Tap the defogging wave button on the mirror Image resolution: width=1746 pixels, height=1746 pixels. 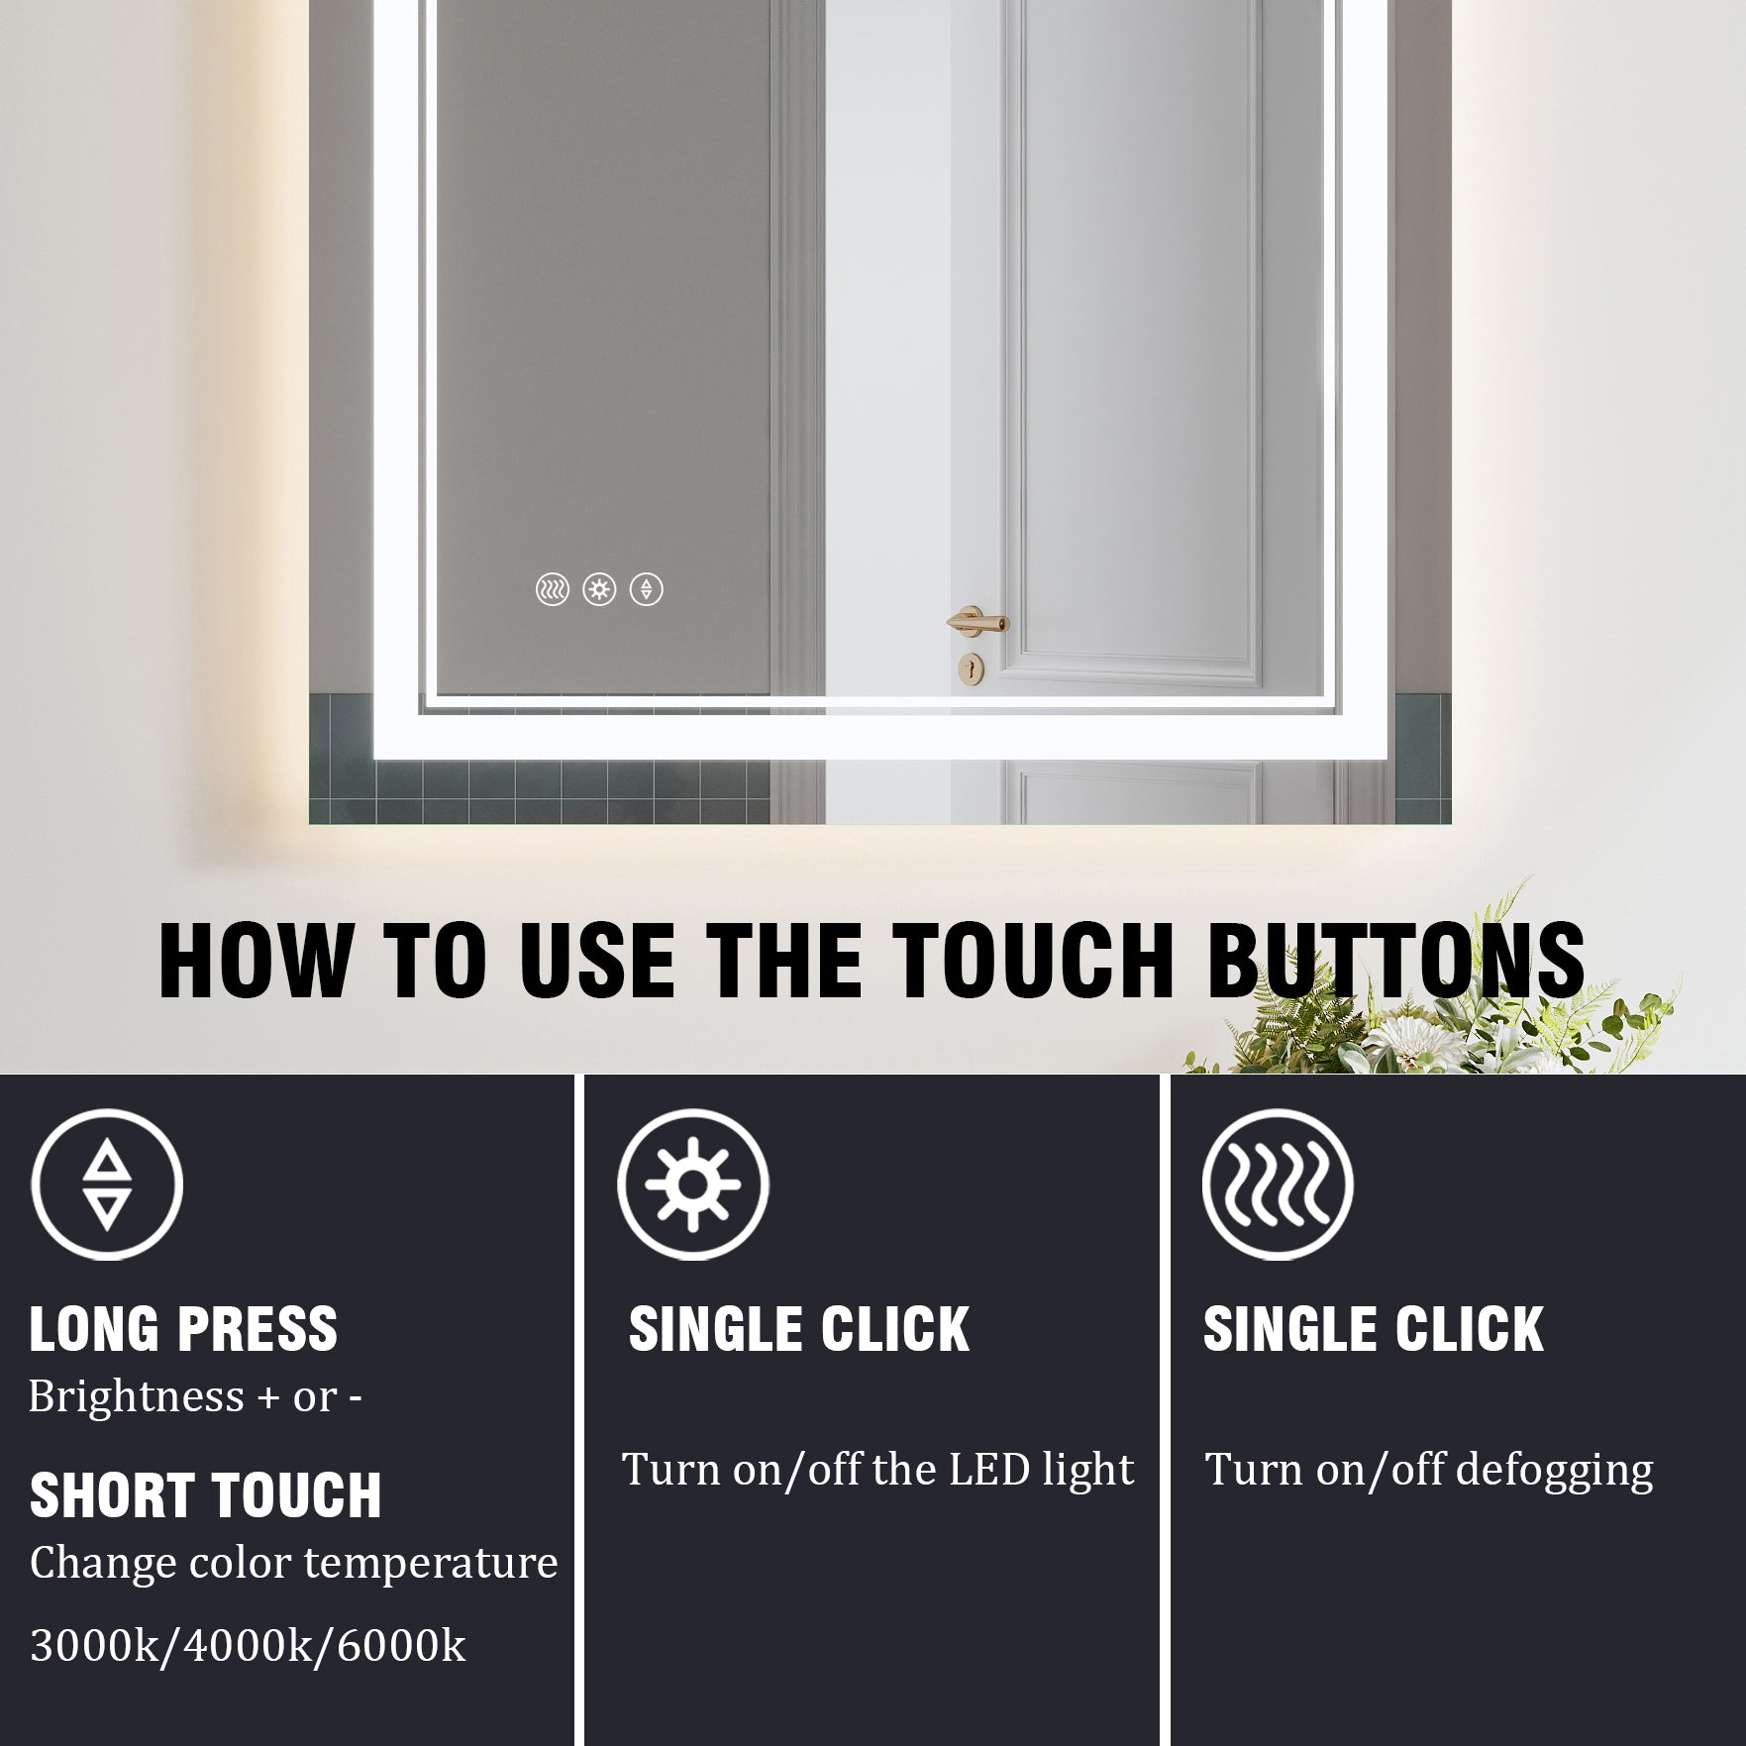[553, 590]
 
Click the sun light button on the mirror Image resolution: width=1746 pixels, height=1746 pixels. [599, 590]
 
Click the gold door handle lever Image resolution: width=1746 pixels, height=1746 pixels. [976, 623]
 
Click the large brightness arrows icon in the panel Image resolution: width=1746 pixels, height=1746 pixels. [107, 1184]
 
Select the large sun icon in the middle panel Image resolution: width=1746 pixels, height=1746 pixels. [693, 1184]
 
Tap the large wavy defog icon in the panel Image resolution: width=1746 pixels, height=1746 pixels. [1278, 1184]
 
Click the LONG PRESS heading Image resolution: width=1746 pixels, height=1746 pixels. [183, 1329]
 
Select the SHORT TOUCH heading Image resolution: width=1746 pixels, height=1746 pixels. [205, 1495]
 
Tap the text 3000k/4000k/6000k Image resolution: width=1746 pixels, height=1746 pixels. [248, 1646]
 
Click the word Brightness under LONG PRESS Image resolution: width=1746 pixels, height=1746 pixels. [136, 1396]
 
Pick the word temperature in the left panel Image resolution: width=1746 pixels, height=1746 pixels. [431, 1564]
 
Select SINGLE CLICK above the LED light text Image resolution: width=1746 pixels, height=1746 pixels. [798, 1329]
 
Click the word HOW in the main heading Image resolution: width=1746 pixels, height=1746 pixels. [255, 961]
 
